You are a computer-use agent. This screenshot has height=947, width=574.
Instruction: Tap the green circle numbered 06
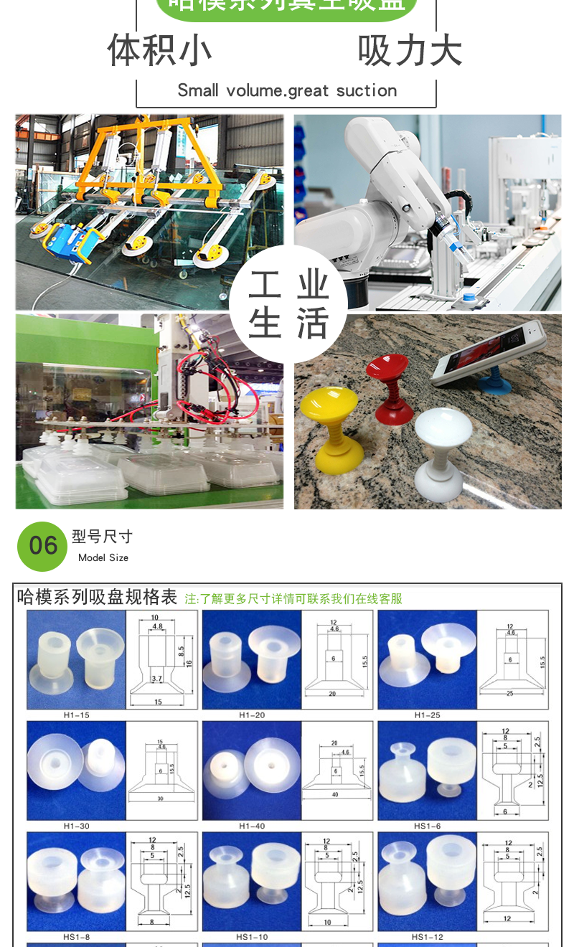[x=42, y=546]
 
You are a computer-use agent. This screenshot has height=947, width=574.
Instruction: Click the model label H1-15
[x=76, y=715]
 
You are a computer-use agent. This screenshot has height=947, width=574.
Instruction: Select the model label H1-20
[x=252, y=715]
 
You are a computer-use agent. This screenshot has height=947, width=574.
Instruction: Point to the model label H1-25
[x=427, y=715]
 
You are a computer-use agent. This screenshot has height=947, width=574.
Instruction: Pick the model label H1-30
[x=76, y=826]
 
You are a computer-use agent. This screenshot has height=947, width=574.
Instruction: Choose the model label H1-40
[x=252, y=826]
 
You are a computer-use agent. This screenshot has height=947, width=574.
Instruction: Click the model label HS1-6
[x=427, y=826]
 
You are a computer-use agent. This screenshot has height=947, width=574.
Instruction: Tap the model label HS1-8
[x=76, y=937]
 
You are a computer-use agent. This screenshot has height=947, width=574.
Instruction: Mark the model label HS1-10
[x=252, y=937]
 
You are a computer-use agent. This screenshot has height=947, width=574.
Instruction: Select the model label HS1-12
[x=427, y=937]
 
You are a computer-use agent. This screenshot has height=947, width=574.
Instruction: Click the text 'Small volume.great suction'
[x=287, y=91]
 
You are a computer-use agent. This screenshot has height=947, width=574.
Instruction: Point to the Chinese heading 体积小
[x=159, y=50]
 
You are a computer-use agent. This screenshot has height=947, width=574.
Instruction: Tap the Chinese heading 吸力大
[x=410, y=50]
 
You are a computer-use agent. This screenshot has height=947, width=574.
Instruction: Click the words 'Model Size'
[x=103, y=557]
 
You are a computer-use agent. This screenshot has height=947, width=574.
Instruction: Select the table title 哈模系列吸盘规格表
[x=97, y=597]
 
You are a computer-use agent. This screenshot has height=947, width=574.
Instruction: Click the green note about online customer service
[x=293, y=599]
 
